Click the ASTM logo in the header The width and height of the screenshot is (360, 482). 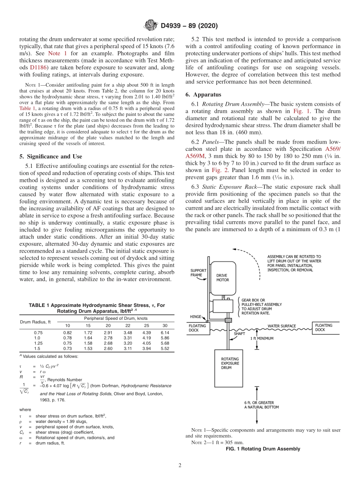pos(150,26)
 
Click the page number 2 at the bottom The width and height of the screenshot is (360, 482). pos(180,465)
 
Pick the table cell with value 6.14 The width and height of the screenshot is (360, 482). pos(164,332)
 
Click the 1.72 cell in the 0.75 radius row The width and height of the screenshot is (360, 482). pos(88,332)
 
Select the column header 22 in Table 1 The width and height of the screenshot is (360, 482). pos(128,326)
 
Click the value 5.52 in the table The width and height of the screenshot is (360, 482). pos(164,348)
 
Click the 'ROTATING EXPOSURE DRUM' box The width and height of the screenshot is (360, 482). pos(230,363)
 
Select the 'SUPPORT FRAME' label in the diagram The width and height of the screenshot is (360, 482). pos(198,273)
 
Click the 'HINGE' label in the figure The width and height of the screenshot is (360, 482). pos(196,317)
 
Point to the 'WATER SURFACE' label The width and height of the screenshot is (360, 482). pos(282,326)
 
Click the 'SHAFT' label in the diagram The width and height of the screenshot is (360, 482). pos(239,334)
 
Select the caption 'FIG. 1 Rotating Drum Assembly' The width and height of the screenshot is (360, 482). pos(263,449)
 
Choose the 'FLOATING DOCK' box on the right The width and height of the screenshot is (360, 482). pos(324,327)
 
